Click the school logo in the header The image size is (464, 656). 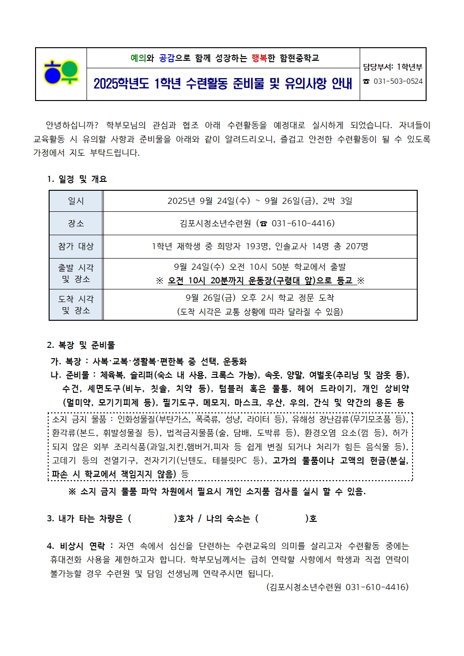61,73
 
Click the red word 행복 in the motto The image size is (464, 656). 259,58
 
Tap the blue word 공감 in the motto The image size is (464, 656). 167,58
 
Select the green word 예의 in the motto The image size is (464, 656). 138,58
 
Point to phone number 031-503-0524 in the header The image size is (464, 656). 398,81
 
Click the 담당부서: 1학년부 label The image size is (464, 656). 392,67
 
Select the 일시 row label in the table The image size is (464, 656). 76,201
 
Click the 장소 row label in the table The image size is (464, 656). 76,223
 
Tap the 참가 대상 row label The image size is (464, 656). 76,246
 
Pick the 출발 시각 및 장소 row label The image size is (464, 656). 76,274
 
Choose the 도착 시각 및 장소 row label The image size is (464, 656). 76,304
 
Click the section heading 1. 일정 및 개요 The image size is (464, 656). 77,179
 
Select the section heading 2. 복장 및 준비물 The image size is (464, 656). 81,345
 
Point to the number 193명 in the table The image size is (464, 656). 258,246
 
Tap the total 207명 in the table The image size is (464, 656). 357,246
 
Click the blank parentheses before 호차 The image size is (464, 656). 152,519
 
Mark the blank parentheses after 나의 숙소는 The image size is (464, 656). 282,519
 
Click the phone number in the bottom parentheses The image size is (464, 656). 377,587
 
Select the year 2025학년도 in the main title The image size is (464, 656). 121,84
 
